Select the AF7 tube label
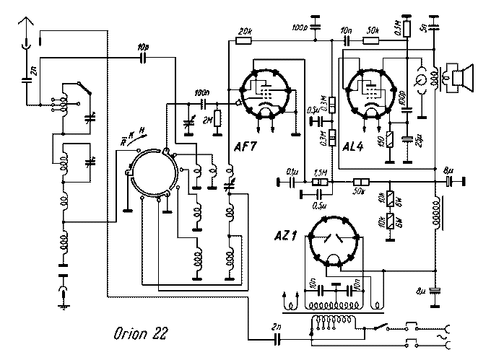tap(246, 148)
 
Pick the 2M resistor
tap(216, 120)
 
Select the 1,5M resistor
tap(321, 182)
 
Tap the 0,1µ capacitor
tap(294, 182)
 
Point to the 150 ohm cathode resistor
tap(390, 139)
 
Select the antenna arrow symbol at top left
tap(27, 27)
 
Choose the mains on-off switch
tap(381, 327)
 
